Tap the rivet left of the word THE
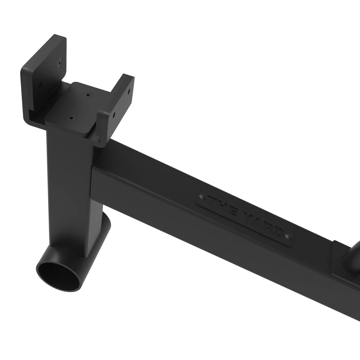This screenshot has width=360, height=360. (202, 197)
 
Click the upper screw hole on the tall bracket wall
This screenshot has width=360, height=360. (60, 63)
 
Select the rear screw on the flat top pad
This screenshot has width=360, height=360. (87, 94)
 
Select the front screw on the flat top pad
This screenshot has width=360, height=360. (71, 118)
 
